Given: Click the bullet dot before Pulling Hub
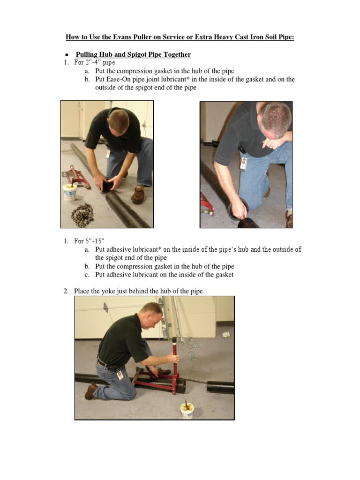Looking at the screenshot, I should pyautogui.click(x=67, y=55).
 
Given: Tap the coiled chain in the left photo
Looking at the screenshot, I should pyautogui.click(x=82, y=215).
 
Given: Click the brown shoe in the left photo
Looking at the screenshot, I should pyautogui.click(x=138, y=195).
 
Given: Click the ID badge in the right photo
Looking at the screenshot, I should pyautogui.click(x=243, y=162).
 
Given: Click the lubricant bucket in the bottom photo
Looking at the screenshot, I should pyautogui.click(x=187, y=410).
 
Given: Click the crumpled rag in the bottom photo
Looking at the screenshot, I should pyautogui.click(x=226, y=334).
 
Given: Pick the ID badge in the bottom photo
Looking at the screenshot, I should pyautogui.click(x=120, y=375).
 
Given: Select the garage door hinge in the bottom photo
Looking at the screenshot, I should pyautogui.click(x=105, y=307).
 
